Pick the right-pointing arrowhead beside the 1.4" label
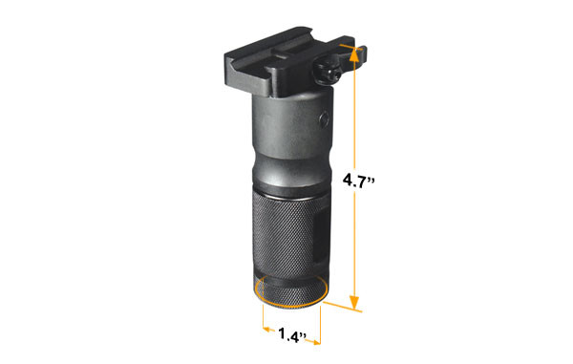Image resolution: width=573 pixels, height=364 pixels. (316, 336)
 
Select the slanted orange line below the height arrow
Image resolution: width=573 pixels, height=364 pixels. (344, 308)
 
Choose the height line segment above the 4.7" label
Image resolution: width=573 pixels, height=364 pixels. (354, 115)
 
